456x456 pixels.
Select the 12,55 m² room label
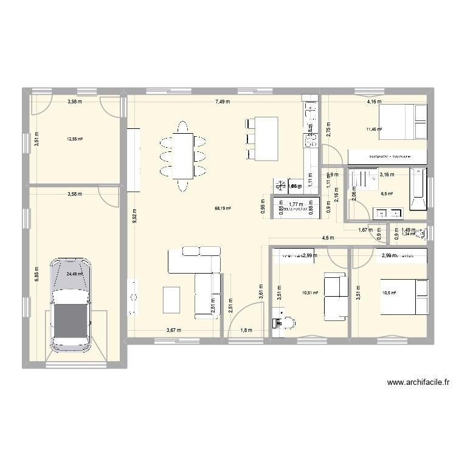(75, 139)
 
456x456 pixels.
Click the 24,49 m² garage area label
(74, 274)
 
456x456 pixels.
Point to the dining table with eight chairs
(182, 156)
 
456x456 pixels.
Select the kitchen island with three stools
(262, 139)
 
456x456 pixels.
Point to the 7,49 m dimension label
(221, 102)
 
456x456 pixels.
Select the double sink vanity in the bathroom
(386, 212)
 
